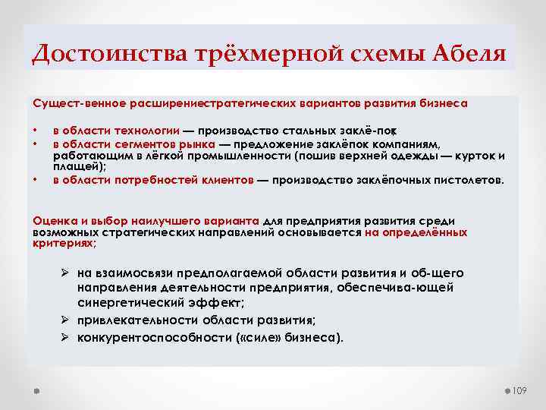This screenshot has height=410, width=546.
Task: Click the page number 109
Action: point(519,390)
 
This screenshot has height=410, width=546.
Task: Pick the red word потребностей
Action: point(163,180)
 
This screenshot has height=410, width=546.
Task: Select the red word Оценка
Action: point(52,220)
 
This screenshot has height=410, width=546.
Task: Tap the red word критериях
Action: point(62,244)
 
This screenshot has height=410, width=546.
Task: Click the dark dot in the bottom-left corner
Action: point(36,389)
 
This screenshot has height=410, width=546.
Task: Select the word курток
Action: point(476,156)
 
